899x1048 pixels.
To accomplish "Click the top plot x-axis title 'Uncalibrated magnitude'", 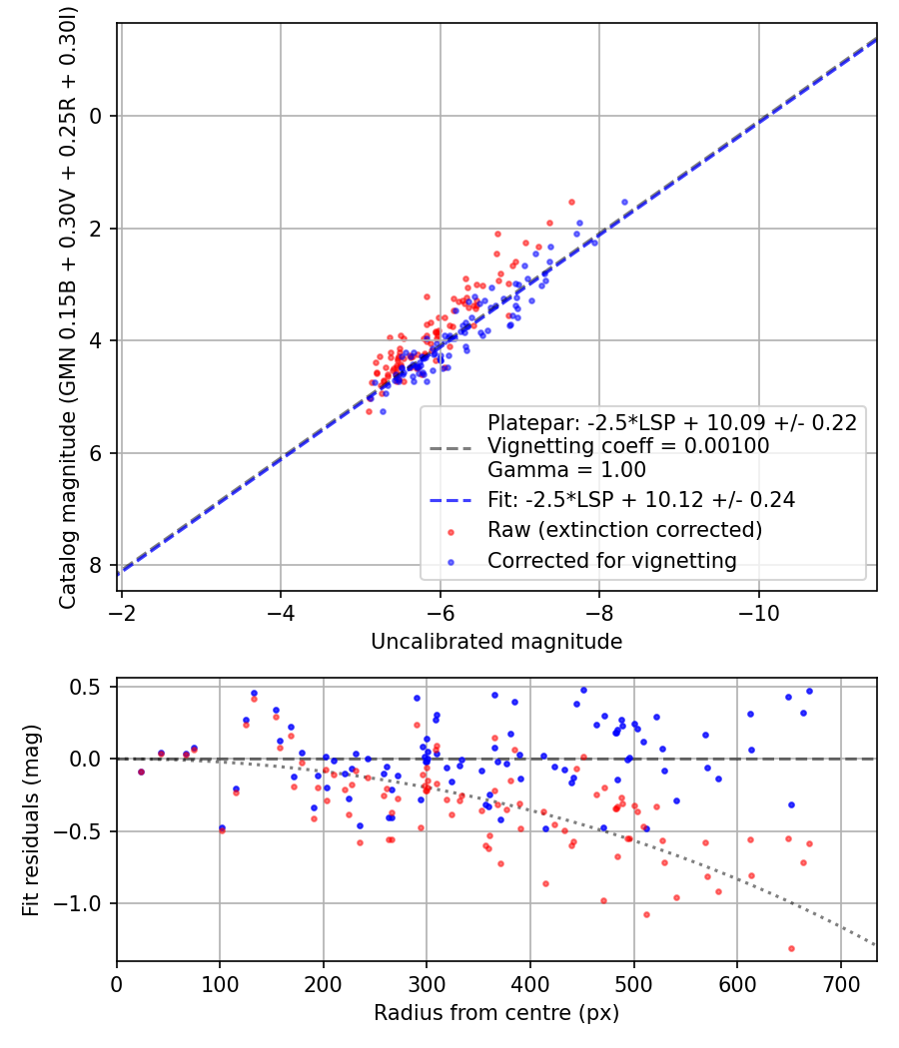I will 496,642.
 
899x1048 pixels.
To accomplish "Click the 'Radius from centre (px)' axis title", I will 496,1013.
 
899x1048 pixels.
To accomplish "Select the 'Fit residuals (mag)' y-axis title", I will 31,819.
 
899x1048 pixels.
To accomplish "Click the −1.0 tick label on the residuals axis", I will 86,903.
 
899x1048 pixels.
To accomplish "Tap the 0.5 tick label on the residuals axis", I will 92,687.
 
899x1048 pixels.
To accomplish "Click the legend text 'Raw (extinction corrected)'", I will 624,529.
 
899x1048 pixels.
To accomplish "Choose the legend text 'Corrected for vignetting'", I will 611,561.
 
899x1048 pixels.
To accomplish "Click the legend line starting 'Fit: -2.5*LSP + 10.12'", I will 640,500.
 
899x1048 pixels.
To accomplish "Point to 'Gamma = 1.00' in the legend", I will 565,469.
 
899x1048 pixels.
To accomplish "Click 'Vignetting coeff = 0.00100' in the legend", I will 627,446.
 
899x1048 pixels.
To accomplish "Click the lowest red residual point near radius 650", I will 790,948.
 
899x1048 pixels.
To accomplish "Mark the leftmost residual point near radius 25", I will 141,772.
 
